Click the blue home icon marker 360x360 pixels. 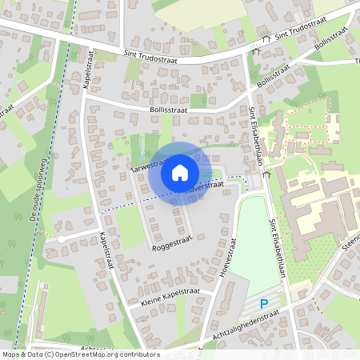179,172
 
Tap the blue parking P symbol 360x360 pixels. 266,303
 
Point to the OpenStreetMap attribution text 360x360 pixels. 80,354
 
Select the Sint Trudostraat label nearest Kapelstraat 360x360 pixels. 156,54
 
